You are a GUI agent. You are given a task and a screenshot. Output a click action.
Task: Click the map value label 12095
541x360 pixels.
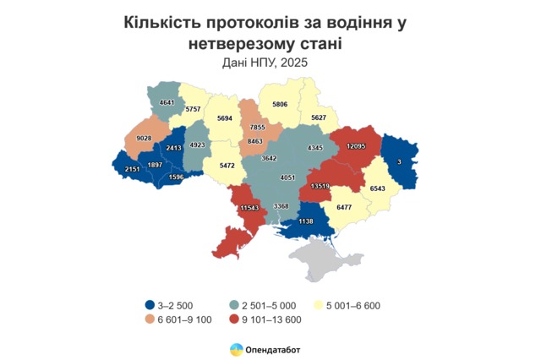(356, 146)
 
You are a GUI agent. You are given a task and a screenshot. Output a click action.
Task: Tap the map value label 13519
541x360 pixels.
(320, 184)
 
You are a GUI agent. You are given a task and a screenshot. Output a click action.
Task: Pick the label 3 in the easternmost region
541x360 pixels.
(398, 161)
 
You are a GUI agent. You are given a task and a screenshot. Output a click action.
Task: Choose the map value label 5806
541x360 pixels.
(281, 104)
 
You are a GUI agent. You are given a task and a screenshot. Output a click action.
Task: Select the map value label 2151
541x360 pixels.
(133, 170)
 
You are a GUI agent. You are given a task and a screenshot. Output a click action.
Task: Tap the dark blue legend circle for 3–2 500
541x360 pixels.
(149, 305)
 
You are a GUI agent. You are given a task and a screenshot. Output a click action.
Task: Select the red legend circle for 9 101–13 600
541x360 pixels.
(234, 319)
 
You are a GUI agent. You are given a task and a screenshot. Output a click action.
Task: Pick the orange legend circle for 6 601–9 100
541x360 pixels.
(149, 319)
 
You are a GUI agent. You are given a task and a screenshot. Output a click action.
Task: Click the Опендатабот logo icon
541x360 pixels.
(235, 348)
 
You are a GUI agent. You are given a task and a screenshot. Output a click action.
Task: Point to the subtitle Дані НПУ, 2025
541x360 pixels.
(270, 62)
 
